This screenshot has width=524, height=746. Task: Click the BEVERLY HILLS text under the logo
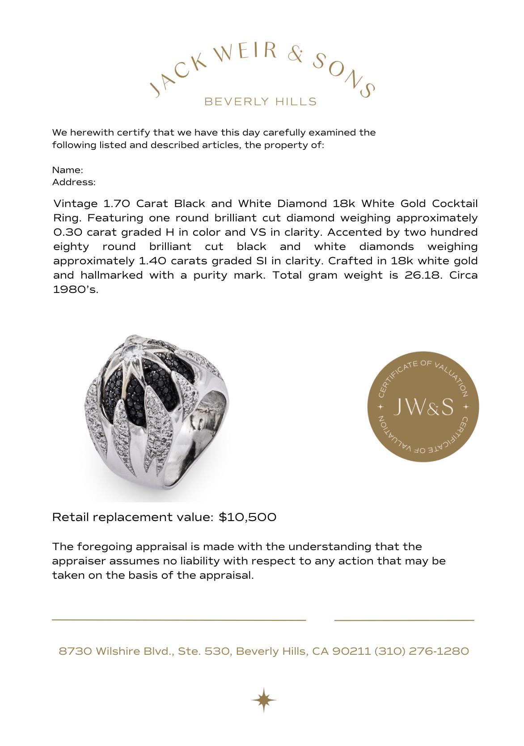[x=260, y=102]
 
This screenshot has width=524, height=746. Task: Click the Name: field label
[x=68, y=170]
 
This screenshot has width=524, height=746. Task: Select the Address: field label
[x=74, y=182]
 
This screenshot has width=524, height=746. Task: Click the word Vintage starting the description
[x=75, y=204]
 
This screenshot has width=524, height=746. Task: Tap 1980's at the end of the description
[x=75, y=289]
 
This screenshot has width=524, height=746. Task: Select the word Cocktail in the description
[x=454, y=204]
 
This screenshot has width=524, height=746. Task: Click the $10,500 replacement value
[x=247, y=517]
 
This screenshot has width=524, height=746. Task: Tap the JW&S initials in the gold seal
[x=423, y=407]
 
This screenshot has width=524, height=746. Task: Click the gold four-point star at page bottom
[x=263, y=699]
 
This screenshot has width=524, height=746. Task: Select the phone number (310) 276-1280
[x=421, y=651]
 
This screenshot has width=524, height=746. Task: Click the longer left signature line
[x=179, y=620]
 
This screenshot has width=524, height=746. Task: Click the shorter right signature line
[x=404, y=620]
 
